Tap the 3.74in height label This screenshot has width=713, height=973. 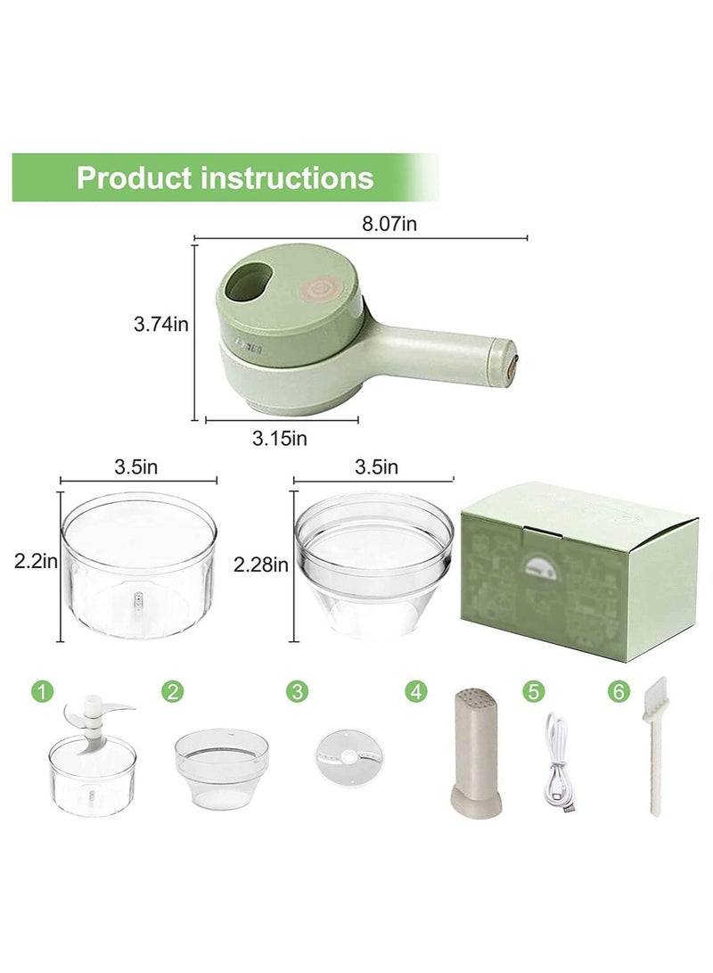click(x=161, y=326)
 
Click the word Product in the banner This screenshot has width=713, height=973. click(x=133, y=177)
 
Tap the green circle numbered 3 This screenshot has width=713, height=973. click(x=296, y=690)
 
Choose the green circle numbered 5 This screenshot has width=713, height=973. click(x=533, y=690)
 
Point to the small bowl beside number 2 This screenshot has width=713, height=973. click(x=220, y=768)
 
